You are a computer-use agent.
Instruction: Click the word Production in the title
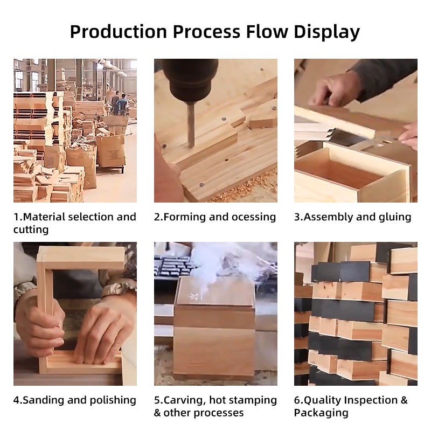coord(119,32)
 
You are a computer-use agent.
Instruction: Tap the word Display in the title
coord(326,32)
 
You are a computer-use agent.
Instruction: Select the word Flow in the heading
coord(267,32)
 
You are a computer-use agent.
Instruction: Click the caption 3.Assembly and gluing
coord(353,217)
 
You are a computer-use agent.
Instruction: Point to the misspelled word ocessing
coord(253,217)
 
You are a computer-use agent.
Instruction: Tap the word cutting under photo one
coord(31,230)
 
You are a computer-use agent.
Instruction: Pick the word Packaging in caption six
coord(321,413)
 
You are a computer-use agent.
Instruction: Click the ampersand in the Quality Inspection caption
coord(404,400)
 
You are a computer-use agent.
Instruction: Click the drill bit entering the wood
coord(191,124)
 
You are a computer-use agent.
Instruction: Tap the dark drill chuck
coord(190,80)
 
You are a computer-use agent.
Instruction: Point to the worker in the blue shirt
coord(122,104)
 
